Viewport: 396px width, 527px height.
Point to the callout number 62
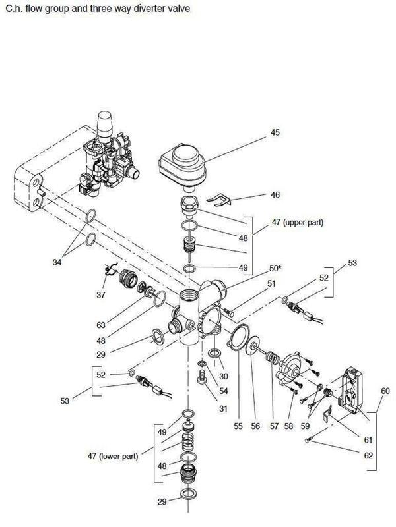(368, 455)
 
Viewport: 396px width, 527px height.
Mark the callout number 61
(368, 439)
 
